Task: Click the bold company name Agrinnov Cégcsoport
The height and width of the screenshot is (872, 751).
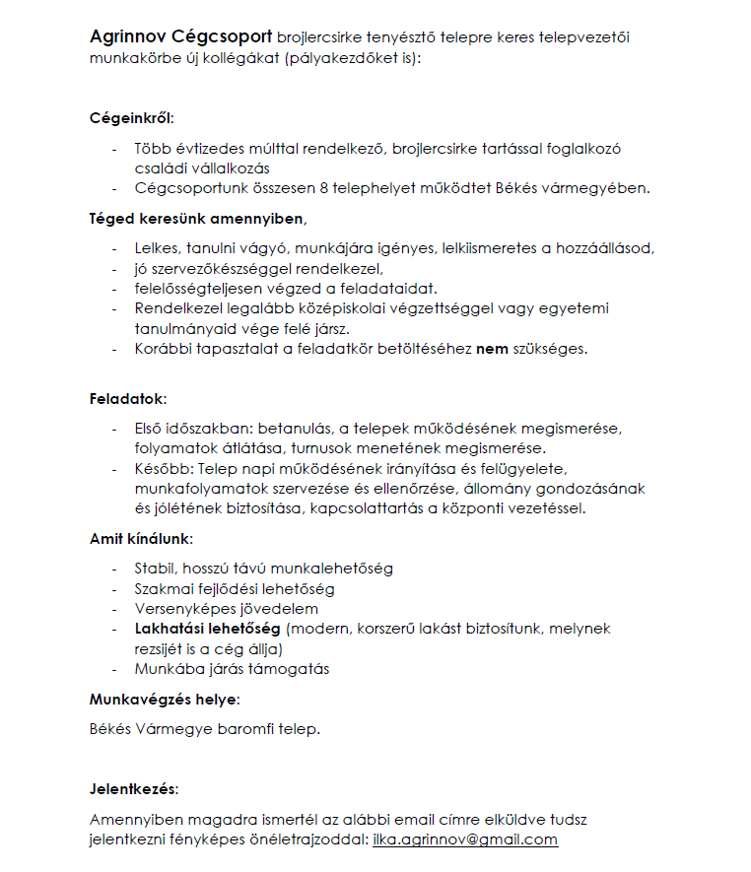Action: (x=180, y=37)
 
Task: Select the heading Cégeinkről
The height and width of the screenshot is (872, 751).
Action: (x=129, y=119)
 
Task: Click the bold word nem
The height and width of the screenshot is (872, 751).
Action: (x=492, y=348)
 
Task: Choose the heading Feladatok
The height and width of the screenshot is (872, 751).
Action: (x=128, y=398)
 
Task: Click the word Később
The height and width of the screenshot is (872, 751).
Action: (x=161, y=467)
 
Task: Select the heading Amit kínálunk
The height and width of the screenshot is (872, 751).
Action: (x=141, y=539)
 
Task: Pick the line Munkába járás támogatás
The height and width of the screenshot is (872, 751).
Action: (x=232, y=669)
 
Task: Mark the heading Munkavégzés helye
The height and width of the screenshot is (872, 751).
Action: (x=164, y=700)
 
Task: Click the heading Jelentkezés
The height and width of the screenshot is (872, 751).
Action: (x=134, y=789)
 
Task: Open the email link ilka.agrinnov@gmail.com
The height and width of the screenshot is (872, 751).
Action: (x=465, y=839)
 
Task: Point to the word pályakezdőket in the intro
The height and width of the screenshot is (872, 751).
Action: (x=332, y=58)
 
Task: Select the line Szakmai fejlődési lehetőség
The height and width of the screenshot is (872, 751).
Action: (x=235, y=588)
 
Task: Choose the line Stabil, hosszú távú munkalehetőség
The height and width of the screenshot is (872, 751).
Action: (x=264, y=569)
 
